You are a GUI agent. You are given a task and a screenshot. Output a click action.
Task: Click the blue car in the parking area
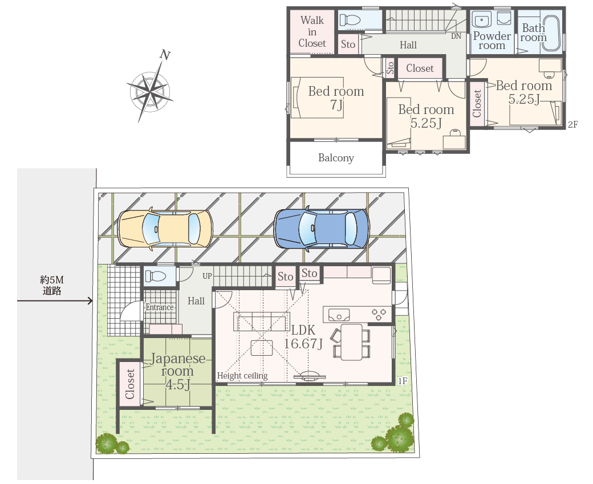coord(322,229)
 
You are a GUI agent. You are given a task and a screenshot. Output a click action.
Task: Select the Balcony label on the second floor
coord(336,158)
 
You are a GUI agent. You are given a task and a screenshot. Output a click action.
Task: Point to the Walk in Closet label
coord(312,32)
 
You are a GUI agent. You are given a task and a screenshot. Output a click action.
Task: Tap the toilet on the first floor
coord(156,276)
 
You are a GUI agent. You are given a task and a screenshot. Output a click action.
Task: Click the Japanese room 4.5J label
coord(177,371)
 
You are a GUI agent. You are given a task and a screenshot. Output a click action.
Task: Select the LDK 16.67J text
coord(303,336)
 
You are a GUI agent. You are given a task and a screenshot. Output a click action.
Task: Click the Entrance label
coord(160,307)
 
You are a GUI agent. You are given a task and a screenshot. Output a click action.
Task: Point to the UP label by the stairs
coord(207,276)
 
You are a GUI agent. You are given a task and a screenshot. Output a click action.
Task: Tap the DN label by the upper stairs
coord(456,36)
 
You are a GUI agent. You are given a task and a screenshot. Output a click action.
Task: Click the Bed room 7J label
coord(336,97)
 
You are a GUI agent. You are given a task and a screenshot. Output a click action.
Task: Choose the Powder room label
coord(492,41)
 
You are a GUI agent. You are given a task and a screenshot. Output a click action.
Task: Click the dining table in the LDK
coord(351,342)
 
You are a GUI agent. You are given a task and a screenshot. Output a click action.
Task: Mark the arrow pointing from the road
coord(55,301)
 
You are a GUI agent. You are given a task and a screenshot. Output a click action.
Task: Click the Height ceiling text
coord(242,376)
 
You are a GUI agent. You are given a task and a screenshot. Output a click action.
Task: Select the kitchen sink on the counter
coord(339,315)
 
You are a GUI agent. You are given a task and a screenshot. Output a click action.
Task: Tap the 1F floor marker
coord(403,381)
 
